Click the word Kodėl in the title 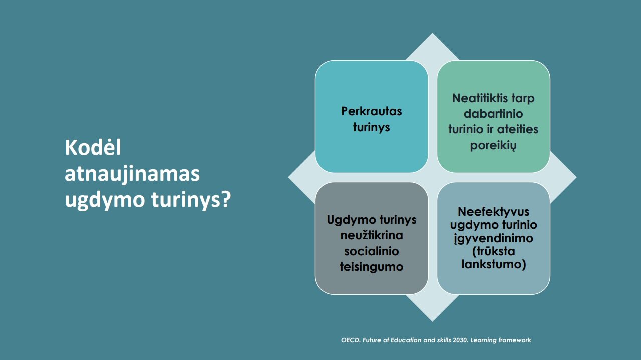point(93,147)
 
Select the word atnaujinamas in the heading point(132,174)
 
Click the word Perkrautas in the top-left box point(372,111)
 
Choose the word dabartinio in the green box point(493,114)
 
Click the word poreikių point(493,145)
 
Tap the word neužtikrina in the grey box point(372,235)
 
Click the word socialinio point(372,251)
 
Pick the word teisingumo point(372,267)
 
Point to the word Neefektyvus point(494,212)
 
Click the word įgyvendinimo point(494,238)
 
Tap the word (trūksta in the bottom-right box point(494,251)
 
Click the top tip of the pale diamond point(432,33)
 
